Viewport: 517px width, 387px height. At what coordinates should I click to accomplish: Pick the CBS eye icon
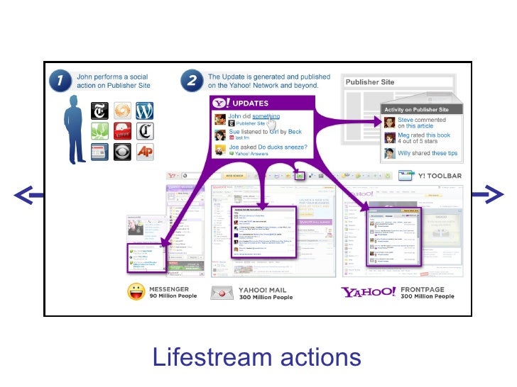coord(121,151)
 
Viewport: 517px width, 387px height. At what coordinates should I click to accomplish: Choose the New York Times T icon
coord(99,112)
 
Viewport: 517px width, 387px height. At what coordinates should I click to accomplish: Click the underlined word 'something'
coord(266,116)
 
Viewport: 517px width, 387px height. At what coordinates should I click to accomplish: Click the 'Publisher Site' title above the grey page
coord(369,82)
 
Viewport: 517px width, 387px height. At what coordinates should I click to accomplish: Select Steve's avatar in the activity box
coord(390,121)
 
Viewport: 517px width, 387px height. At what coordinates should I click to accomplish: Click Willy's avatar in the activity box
coord(390,152)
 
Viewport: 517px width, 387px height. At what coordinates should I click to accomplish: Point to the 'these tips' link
coord(444,153)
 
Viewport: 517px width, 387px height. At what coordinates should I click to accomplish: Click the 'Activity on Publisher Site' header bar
coord(416,110)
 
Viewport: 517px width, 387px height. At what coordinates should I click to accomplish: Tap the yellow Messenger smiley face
coord(136,291)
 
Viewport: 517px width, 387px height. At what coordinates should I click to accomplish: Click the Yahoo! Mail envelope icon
coord(222,292)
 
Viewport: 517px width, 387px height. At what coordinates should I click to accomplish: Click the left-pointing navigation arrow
coord(25,194)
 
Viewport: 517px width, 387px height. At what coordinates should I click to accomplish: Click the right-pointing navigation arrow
coord(491,194)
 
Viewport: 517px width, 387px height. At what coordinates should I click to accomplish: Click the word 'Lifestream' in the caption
coord(209,357)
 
